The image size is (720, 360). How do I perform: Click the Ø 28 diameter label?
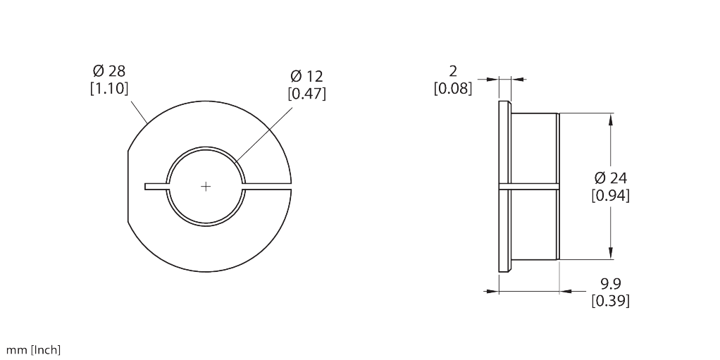tap(108, 71)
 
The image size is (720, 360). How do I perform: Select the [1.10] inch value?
tap(108, 88)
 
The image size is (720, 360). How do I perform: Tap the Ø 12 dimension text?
tap(306, 76)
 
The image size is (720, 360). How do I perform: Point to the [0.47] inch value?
tap(306, 93)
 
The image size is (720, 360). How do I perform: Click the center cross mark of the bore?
tap(206, 187)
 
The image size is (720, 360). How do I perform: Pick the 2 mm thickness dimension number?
tap(453, 71)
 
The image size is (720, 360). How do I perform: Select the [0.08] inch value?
tap(453, 88)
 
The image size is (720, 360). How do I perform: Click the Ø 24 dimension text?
tap(610, 178)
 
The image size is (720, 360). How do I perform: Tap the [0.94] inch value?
tap(610, 196)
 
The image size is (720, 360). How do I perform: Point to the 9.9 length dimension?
tap(611, 283)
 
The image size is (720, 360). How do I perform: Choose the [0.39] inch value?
tap(610, 301)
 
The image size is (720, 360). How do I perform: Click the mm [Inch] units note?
tap(33, 350)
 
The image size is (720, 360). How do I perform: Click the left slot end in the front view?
tap(146, 187)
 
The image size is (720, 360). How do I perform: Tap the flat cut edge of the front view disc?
tap(128, 187)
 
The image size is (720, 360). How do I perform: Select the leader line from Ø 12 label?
tap(264, 135)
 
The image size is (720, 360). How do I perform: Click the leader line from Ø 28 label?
tap(139, 112)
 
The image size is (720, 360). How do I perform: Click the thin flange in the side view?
tap(504, 187)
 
